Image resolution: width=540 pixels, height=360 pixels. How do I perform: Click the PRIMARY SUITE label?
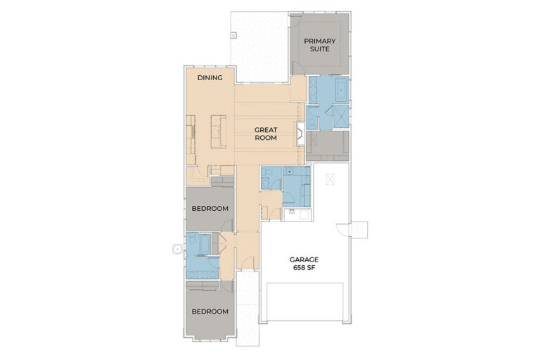coord(320,45)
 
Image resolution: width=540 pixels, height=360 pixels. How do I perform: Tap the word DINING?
coord(210,78)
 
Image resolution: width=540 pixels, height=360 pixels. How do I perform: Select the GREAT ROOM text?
coord(266,134)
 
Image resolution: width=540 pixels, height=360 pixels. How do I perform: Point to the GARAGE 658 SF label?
coord(304,264)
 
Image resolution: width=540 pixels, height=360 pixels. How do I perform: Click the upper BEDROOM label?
coord(210,208)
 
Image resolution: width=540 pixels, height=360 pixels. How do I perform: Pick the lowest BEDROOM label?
coord(210,311)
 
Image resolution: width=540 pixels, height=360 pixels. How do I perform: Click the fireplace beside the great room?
coord(300,134)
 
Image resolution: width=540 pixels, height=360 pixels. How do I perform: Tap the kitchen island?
coord(219,132)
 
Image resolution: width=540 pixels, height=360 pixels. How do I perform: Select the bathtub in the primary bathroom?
coord(342,89)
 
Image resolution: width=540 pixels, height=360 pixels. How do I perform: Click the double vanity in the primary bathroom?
coord(313,90)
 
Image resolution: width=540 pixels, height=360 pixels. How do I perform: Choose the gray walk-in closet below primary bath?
coord(327,146)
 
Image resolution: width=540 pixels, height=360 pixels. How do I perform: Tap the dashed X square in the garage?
coord(330,179)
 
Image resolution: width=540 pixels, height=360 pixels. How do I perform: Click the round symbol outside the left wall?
coord(177,249)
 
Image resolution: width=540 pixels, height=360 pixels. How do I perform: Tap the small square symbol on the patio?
coord(233,34)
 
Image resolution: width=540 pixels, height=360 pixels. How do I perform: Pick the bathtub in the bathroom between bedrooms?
coord(204,244)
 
